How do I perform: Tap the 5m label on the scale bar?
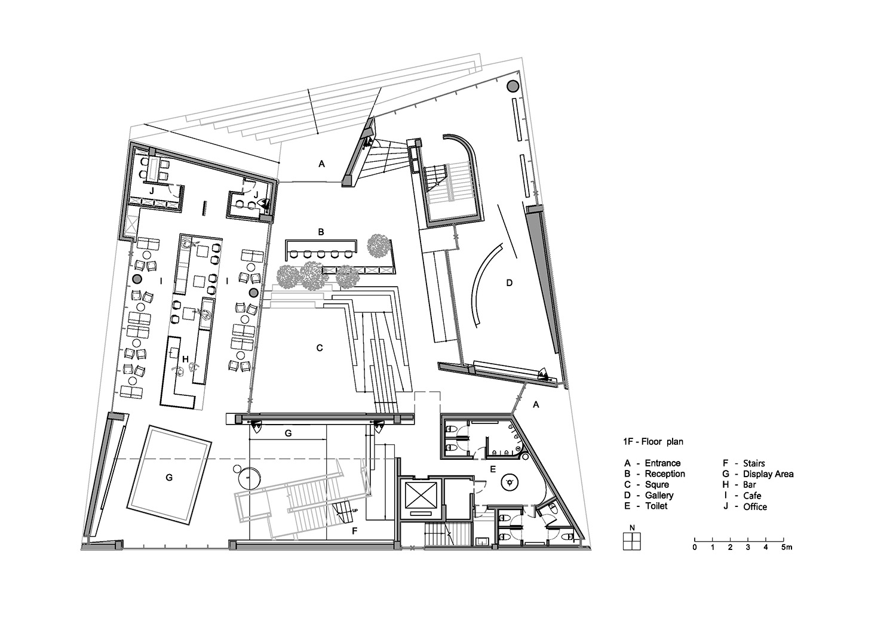tap(787, 548)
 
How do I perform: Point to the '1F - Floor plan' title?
tap(653, 441)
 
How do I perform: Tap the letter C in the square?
tap(319, 348)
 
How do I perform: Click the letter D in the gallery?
tap(509, 282)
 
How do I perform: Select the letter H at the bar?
tap(185, 359)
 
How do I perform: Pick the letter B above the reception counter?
tap(321, 232)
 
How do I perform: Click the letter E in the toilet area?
tap(493, 469)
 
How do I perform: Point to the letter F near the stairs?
tap(354, 531)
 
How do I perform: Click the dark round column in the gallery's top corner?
tap(513, 85)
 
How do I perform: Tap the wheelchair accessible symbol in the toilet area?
tap(510, 483)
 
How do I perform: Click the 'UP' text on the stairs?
tap(354, 511)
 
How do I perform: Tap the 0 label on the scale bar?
tap(694, 548)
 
